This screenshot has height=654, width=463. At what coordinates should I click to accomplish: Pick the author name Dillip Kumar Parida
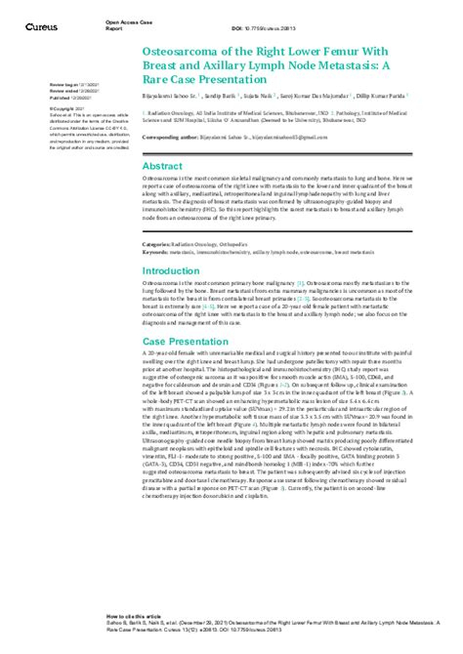click(x=396, y=98)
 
